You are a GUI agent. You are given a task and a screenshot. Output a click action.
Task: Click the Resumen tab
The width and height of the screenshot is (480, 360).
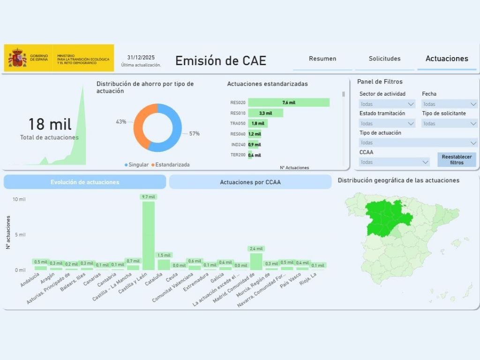coord(322,59)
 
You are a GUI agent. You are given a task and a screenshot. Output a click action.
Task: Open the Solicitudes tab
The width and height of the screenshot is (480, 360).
coord(384,59)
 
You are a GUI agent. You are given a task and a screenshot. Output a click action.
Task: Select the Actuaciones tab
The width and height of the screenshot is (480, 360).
coord(447,59)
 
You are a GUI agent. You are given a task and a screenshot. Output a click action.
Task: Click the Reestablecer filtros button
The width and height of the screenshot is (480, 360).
coord(457,159)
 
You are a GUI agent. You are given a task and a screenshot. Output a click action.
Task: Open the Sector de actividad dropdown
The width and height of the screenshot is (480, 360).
coord(387,104)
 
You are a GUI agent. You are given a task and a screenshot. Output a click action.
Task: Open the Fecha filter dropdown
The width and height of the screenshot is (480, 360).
coord(450,104)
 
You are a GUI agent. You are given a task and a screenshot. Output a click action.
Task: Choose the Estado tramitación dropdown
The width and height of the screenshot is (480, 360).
coord(387,124)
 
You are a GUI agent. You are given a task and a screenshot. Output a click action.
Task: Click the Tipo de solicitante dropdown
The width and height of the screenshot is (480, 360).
coord(450,124)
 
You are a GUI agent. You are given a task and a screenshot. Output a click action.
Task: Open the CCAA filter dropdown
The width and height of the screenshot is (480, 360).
coord(394,162)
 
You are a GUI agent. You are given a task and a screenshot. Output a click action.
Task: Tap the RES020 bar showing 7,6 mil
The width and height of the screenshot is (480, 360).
coord(288,103)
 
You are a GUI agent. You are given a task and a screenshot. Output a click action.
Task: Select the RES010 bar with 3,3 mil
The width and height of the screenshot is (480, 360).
coord(265,113)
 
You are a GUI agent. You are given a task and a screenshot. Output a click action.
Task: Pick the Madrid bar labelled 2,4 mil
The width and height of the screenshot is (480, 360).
coord(256,261)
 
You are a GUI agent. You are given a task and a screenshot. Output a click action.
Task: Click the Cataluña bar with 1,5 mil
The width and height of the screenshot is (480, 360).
coord(164,264)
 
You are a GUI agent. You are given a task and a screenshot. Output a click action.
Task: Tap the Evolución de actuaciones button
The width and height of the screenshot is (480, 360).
coord(85,182)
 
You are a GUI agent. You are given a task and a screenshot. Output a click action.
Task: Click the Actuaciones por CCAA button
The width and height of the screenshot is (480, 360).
coord(250,182)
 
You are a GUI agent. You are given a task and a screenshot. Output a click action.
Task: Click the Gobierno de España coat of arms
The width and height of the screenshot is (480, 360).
coord(17,58)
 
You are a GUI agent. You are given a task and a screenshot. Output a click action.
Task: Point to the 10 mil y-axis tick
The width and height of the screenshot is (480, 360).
coord(19,199)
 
